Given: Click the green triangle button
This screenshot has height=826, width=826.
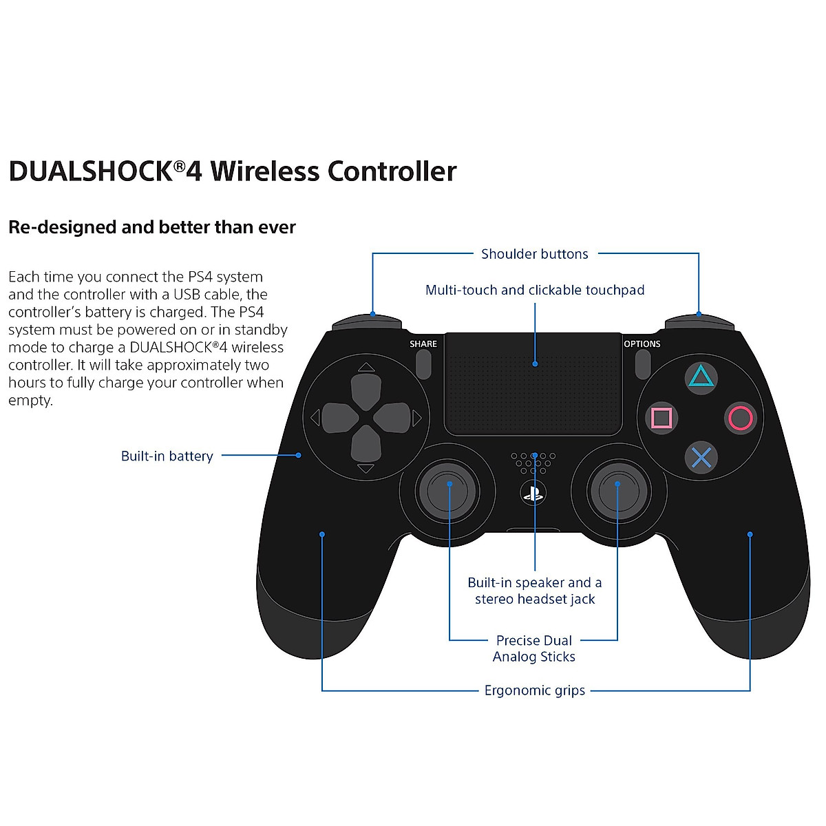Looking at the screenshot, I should coord(701,377).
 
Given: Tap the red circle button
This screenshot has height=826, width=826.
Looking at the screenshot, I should coord(741,418).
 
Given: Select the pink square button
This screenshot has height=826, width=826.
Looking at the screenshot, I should coord(661,418).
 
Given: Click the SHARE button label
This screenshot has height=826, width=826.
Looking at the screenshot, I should coord(423,343).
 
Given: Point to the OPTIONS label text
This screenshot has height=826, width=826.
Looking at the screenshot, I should coord(642,343).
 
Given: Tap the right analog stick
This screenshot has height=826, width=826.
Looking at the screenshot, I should coord(617,490).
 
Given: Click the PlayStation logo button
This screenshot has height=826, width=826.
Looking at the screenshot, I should coord(533,493).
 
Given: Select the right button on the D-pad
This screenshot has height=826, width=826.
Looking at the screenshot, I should coord(390,418).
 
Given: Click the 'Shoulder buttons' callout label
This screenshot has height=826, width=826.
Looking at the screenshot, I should coord(535,254).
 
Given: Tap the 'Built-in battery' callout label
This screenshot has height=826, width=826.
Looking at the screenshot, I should coord(167,456).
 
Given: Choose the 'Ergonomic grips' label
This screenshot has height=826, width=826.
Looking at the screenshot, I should coord(535,690).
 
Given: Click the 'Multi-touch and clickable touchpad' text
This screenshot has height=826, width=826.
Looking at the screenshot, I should coord(535,290).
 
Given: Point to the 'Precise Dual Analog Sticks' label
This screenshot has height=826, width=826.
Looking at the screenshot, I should coord(534,648).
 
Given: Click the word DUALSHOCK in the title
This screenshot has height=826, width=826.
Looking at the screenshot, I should coord(90,171).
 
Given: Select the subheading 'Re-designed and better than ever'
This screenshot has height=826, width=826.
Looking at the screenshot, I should coord(152,227).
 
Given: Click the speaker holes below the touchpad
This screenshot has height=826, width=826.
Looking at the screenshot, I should coord(533,463).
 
